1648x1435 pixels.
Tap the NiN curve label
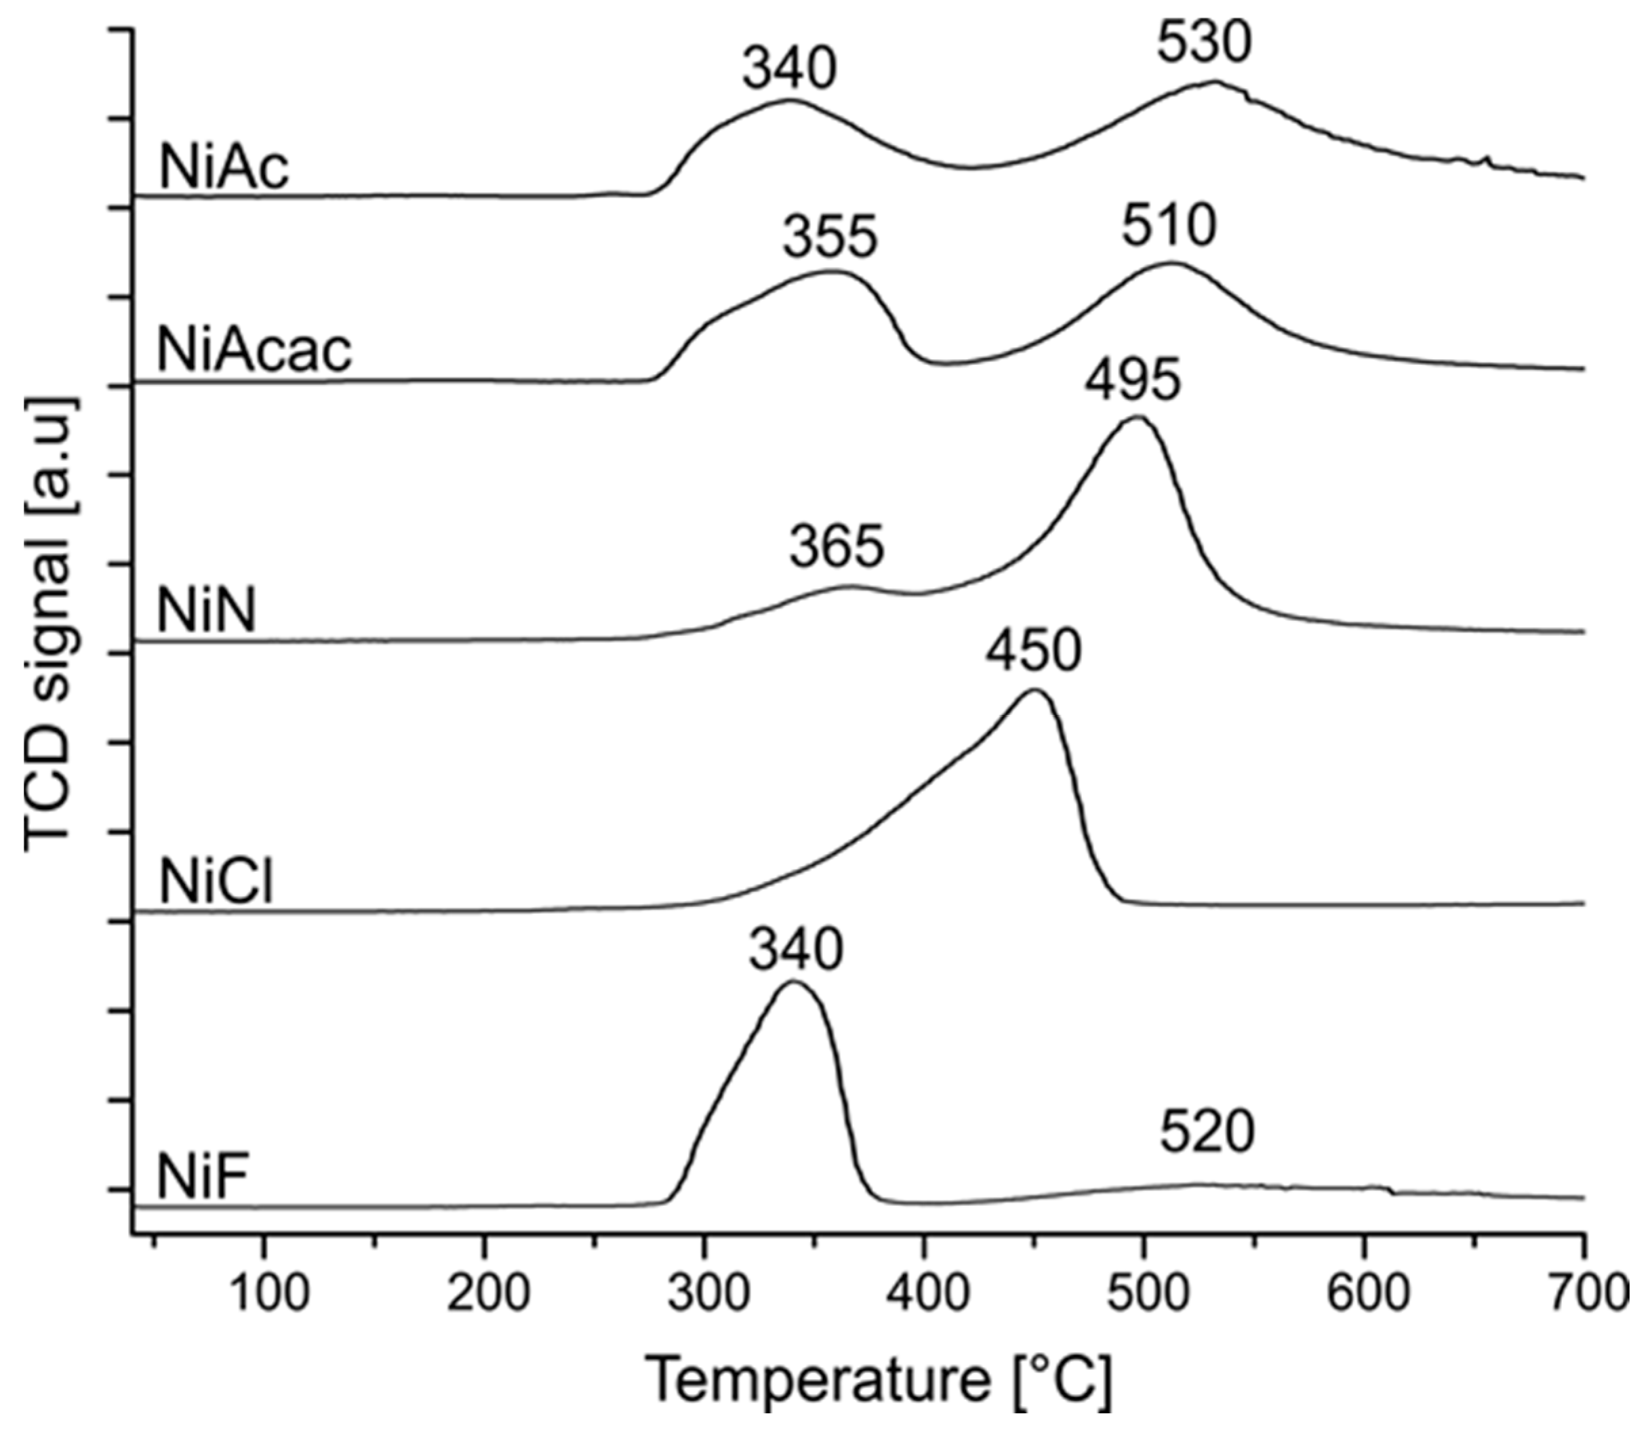point(207,611)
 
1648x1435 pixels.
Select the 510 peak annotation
point(1168,228)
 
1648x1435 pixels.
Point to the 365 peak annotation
point(837,546)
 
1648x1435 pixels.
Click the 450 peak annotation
point(1033,652)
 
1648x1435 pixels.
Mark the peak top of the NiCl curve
point(1034,691)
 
